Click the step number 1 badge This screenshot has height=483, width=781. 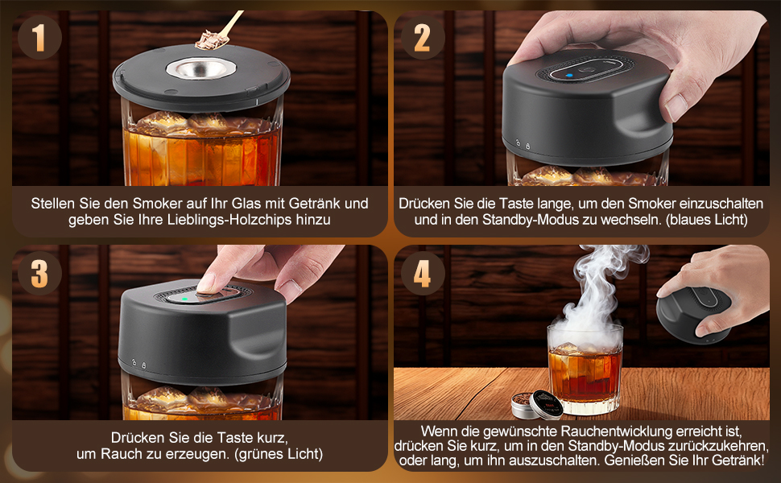click(39, 37)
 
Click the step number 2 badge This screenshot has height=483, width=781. click(422, 37)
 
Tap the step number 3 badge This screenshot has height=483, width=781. click(39, 273)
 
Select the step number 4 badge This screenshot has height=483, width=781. click(422, 273)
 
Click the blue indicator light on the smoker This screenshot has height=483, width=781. click(569, 76)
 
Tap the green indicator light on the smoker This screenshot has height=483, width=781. click(185, 299)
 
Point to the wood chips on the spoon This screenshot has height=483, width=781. click(210, 39)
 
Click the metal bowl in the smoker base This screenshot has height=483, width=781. click(201, 68)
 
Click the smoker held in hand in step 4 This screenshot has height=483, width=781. click(694, 313)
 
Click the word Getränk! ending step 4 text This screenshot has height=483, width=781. click(738, 460)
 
